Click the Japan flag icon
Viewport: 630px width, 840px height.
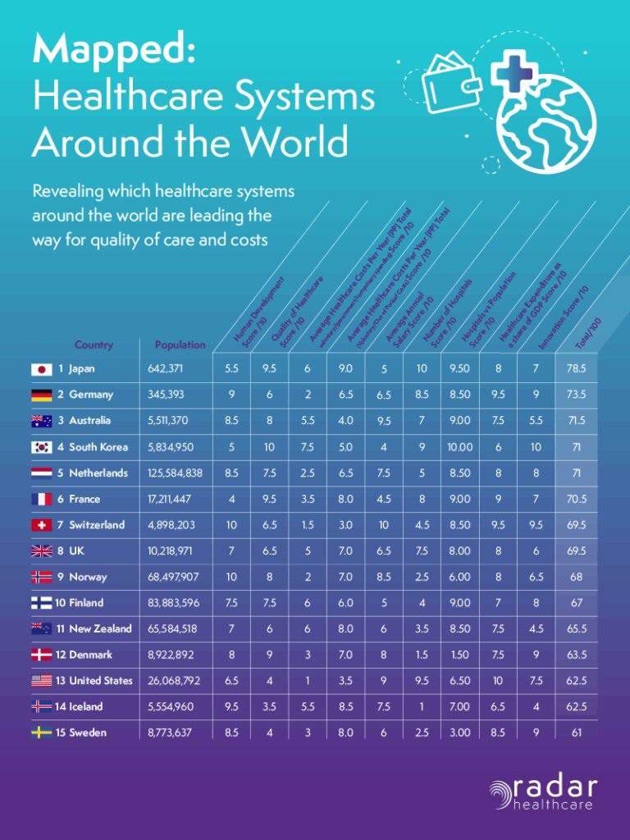(41, 369)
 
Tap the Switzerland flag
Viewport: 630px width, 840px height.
(41, 525)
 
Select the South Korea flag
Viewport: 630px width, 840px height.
(41, 447)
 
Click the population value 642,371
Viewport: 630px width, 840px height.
(165, 369)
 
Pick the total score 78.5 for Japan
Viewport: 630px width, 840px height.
(576, 369)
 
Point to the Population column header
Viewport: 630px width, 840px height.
(180, 345)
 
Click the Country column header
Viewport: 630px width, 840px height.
(94, 345)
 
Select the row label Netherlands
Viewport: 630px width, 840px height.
(98, 473)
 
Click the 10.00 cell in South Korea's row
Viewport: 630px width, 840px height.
(460, 447)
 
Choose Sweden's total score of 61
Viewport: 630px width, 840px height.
(576, 733)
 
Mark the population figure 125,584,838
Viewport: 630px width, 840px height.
(175, 473)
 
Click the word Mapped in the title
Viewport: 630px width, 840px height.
(113, 51)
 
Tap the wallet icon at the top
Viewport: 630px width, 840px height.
(450, 83)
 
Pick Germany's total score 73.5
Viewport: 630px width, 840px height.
(576, 395)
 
